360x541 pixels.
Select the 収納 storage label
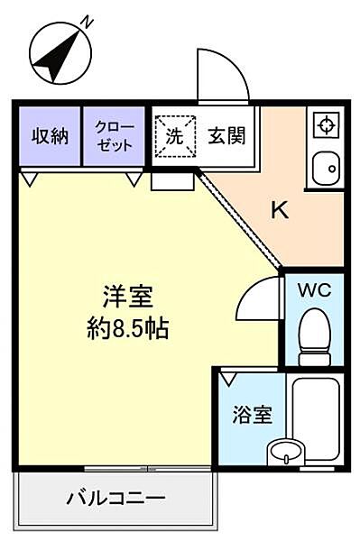pos(50,137)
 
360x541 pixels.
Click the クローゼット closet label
pos(114,137)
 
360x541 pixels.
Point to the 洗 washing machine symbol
pos(173,138)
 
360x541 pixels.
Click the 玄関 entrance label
pos(226,138)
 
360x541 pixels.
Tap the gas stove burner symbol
pos(326,126)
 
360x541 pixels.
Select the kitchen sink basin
pos(326,168)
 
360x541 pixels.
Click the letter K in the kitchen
pos(281,211)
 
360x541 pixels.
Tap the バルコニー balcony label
pos(115,498)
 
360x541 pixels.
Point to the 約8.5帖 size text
pos(126,327)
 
